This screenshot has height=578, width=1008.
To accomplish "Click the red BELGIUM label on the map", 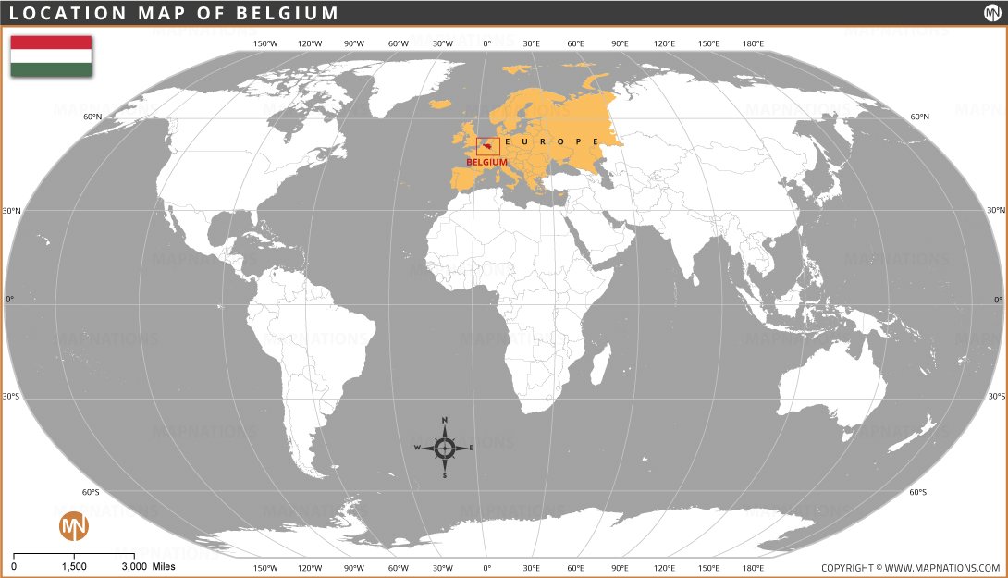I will tap(486, 162).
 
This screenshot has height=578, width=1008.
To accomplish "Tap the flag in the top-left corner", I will tap(51, 55).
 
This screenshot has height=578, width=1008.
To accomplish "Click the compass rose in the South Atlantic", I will tap(444, 448).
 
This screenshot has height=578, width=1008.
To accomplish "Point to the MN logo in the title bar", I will tap(990, 12).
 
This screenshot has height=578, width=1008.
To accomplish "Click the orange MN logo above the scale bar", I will tap(74, 526).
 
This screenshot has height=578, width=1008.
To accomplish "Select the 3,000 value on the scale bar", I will tap(134, 566).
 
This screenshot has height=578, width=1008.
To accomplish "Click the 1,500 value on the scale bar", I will tap(74, 566).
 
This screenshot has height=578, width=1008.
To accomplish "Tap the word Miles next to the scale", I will tap(163, 566).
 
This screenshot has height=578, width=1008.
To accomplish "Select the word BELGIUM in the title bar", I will tap(292, 13).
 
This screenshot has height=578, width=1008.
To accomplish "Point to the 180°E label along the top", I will tap(753, 43).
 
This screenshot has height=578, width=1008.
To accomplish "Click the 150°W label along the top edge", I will tap(265, 43).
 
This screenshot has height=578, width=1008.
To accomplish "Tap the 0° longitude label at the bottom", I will tap(487, 568).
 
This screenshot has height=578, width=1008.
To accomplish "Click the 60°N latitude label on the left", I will tap(92, 117).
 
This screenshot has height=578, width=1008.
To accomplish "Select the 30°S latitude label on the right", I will tap(996, 396).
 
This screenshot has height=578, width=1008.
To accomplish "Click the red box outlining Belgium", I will tap(487, 146).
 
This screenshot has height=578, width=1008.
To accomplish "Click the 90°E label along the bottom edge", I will tap(620, 568).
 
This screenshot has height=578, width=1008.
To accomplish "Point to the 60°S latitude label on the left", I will tap(92, 492).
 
